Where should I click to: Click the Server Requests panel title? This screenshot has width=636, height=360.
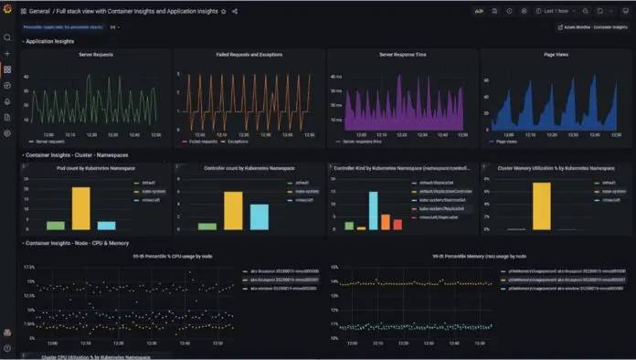[x=96, y=55]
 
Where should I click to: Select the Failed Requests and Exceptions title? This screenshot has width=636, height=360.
[x=249, y=55]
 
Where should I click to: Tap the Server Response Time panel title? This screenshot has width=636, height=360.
[x=403, y=55]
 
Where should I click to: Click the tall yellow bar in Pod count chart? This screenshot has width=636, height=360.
[x=81, y=208]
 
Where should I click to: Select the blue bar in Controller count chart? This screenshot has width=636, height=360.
[x=260, y=217]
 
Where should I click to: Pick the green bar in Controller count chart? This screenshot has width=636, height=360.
[x=207, y=226]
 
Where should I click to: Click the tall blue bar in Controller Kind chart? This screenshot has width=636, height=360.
[x=373, y=210]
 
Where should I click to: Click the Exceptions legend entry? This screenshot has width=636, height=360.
[x=235, y=143]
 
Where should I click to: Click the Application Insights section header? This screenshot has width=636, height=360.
[x=50, y=41]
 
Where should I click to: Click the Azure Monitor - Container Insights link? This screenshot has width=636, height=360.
[x=594, y=27]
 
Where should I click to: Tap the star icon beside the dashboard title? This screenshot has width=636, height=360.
[x=224, y=11]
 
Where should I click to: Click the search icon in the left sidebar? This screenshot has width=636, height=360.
[x=7, y=37]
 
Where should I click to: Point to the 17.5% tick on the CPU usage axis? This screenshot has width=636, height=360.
[x=28, y=267]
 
